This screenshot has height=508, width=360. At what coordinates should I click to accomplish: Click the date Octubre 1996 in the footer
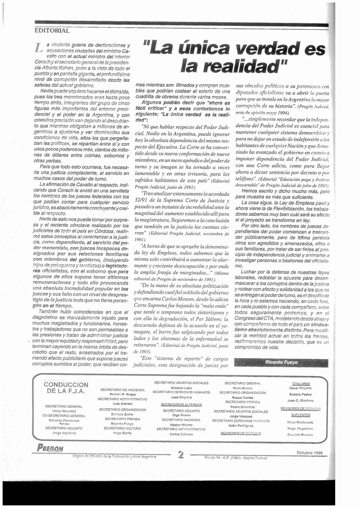[309, 452]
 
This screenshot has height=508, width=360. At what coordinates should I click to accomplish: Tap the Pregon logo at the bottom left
[50, 448]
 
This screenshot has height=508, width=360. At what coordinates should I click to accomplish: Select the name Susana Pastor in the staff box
[300, 394]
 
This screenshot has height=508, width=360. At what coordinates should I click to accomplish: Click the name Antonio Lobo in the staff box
[180, 388]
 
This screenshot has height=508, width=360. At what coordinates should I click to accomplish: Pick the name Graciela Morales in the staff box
[300, 435]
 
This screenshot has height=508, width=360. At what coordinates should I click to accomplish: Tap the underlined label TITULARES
[300, 383]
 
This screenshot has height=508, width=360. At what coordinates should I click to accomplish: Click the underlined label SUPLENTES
[300, 414]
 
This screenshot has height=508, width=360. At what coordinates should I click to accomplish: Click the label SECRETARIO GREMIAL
[242, 383]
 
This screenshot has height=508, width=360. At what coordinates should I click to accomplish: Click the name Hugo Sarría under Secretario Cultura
[122, 433]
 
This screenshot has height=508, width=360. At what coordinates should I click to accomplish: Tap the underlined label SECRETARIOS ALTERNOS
[181, 405]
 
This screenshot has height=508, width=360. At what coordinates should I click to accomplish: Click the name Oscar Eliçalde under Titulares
[300, 388]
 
